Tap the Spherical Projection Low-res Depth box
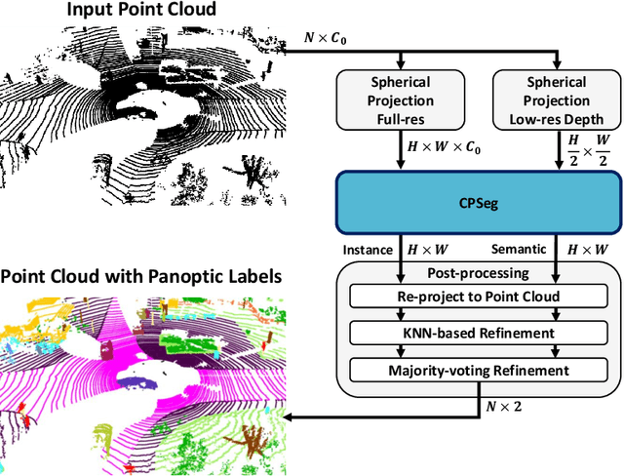coord(557,99)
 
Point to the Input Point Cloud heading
coord(142,12)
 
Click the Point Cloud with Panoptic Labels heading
coord(142,277)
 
